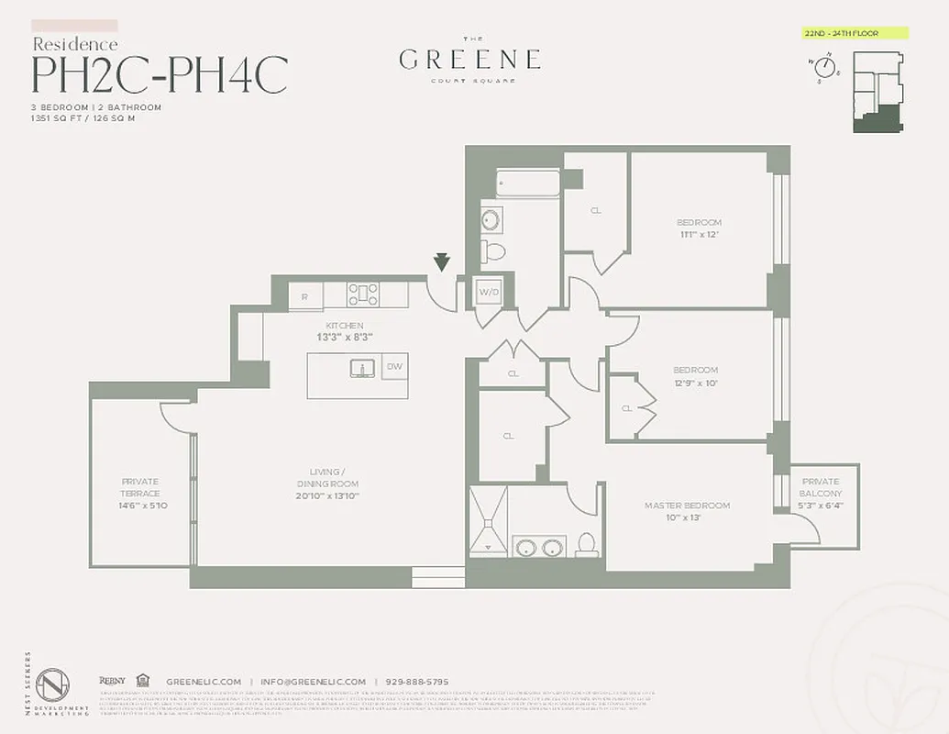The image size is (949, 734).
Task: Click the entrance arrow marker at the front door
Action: click(x=442, y=263)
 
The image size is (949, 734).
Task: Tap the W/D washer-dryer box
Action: click(x=486, y=293)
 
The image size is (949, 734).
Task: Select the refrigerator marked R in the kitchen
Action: click(x=304, y=295)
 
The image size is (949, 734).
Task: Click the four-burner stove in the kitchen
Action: click(x=363, y=295)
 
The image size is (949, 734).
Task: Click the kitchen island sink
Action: click(x=363, y=368)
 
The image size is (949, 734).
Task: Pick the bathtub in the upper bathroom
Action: click(x=528, y=183)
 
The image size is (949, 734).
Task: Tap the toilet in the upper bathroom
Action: click(x=494, y=250)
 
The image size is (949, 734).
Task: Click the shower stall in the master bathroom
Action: click(x=488, y=520)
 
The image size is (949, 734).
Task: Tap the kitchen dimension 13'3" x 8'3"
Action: click(x=344, y=337)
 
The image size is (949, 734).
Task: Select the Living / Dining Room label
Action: click(x=327, y=489)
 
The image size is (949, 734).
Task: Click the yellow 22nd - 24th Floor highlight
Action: click(x=855, y=34)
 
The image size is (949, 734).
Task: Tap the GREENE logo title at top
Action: click(x=469, y=61)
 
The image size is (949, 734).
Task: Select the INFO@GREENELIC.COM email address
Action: click(x=313, y=682)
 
